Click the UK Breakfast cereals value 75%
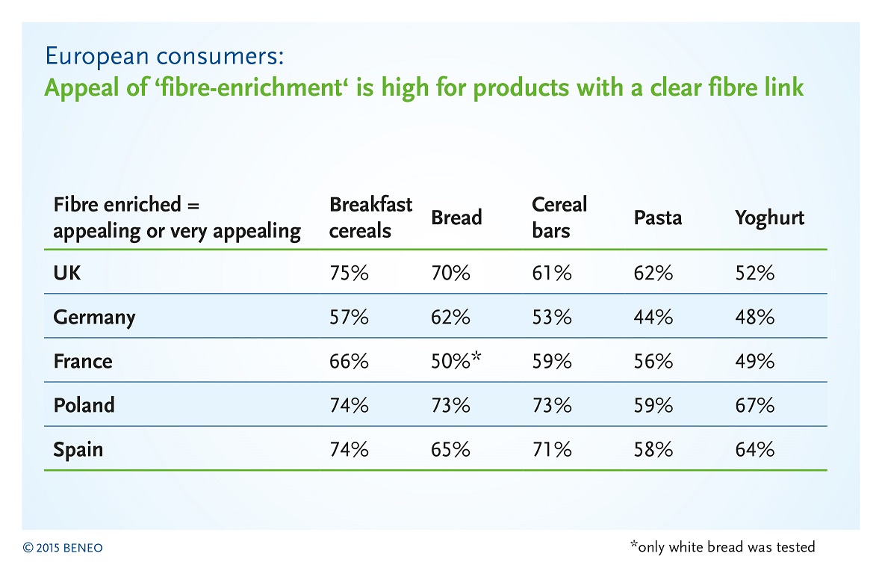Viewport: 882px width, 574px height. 349,273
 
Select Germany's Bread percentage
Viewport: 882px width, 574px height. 450,318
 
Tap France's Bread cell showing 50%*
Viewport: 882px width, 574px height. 456,360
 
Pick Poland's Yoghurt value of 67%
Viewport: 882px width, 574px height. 754,405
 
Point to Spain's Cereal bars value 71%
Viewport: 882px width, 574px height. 552,450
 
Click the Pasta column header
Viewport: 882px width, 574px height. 657,217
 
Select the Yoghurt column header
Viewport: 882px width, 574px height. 769,218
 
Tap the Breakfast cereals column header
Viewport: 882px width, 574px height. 370,217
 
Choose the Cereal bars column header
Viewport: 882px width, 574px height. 559,217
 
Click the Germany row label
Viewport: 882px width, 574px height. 94,318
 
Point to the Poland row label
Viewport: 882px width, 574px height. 84,405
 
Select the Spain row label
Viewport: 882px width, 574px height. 78,450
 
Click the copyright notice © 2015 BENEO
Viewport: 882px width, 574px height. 63,548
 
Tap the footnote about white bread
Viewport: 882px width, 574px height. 723,546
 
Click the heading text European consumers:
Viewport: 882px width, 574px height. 164,56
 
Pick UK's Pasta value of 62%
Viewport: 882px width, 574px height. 653,273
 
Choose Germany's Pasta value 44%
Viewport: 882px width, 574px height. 653,318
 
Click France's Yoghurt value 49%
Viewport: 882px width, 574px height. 754,361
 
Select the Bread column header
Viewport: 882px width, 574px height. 456,217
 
